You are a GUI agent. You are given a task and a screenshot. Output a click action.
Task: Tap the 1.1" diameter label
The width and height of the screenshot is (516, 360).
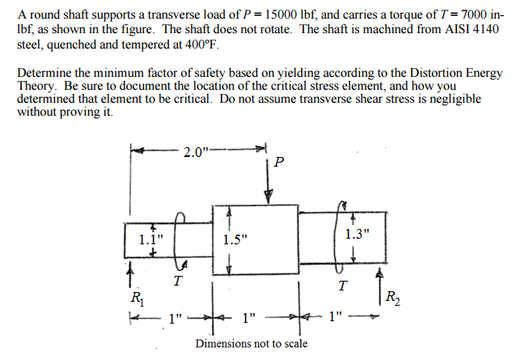click(x=150, y=239)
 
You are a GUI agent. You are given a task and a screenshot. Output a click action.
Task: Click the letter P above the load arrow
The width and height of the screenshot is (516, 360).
click(x=279, y=162)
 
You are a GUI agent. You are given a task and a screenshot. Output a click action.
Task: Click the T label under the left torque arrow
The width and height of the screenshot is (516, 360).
click(x=177, y=282)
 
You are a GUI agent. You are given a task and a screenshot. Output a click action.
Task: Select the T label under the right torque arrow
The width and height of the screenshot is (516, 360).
click(x=343, y=286)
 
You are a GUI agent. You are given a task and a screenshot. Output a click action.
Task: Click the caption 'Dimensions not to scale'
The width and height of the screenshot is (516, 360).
click(x=251, y=344)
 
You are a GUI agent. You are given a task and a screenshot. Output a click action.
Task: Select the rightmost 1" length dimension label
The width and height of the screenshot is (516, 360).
click(x=336, y=316)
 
